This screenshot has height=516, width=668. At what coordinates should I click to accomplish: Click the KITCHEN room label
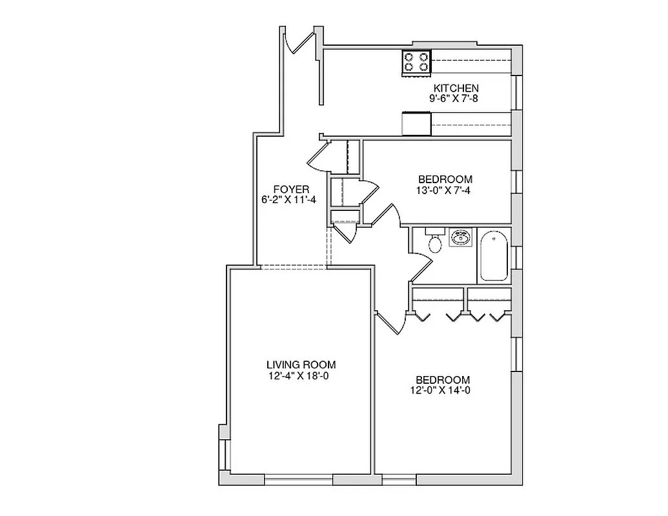coord(456,88)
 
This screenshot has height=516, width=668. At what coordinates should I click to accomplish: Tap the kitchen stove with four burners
coord(416,63)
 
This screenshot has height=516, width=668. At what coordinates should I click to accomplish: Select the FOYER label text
coord(287,189)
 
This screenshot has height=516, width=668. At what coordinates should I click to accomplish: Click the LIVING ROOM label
coord(301,364)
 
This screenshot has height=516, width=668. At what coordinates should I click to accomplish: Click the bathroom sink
coord(461,238)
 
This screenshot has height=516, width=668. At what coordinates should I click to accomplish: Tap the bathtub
coord(494,256)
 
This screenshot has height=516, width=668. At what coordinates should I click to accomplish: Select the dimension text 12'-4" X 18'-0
coord(301,376)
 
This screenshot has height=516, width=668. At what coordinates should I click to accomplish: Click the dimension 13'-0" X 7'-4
coord(445,190)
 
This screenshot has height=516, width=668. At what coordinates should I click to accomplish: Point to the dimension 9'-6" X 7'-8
coord(456,99)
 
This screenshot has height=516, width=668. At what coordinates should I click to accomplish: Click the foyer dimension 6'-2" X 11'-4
coord(285,200)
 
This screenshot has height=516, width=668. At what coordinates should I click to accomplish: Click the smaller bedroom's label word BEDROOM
coord(445,179)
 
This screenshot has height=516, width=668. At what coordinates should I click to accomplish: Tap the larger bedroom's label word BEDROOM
coord(443,379)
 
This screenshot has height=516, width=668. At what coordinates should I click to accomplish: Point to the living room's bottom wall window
coord(299,480)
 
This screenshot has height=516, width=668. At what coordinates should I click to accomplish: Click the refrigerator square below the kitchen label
coord(416,123)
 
